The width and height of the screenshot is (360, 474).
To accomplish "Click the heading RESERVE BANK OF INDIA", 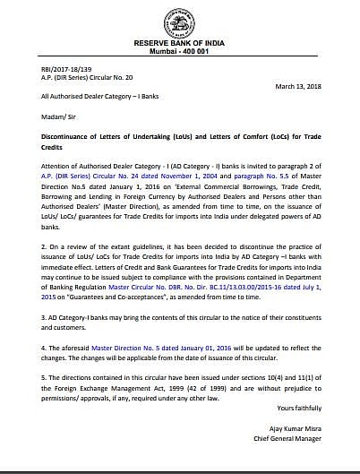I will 180,42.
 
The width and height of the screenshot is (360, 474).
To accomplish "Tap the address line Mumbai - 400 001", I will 180,51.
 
